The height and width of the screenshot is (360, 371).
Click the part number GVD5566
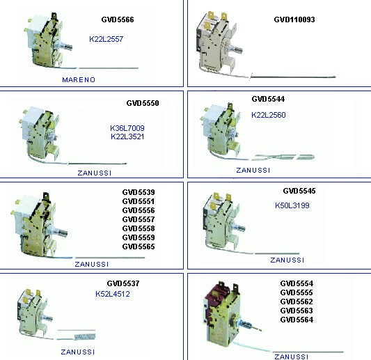point(118,19)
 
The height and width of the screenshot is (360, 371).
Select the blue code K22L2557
point(106,39)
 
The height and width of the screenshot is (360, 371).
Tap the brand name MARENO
point(79,80)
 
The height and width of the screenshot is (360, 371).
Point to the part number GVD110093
point(294,19)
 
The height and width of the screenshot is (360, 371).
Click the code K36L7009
point(127,128)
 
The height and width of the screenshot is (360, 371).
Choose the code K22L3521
point(127,136)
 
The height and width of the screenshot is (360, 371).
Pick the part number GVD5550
point(143,103)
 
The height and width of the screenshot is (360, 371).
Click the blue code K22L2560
point(268,115)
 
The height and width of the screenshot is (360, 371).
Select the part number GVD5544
point(268,99)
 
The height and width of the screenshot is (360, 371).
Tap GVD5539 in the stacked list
point(139,192)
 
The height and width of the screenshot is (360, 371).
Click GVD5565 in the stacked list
point(139,246)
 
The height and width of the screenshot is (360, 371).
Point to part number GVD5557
point(139,219)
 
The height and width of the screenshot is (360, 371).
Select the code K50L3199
point(292,205)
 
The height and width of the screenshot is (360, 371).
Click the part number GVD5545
point(299,191)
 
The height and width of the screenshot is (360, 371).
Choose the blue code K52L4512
point(113,294)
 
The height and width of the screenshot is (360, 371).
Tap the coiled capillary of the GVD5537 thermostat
point(85,336)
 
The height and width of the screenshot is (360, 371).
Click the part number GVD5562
point(297,302)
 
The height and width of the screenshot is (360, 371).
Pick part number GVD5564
point(297,320)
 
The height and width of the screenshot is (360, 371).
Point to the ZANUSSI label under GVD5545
point(287,260)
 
